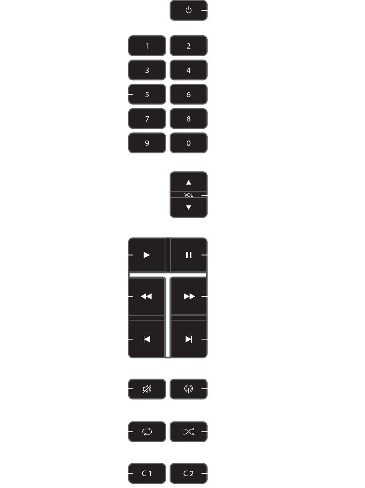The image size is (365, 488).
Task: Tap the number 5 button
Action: [147, 95]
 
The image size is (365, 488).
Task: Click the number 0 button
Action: [189, 143]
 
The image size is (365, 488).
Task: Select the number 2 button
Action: [189, 46]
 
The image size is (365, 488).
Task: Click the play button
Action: [147, 255]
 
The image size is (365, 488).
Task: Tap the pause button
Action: [189, 255]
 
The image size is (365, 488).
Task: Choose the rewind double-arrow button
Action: [147, 296]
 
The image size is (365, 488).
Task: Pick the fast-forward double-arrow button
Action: [189, 296]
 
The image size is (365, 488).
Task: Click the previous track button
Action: [147, 339]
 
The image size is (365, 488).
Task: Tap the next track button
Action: [189, 339]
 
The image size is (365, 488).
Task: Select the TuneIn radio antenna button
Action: [189, 389]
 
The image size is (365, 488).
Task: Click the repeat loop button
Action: [147, 431]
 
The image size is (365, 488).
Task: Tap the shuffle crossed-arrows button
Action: [189, 431]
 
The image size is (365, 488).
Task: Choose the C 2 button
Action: [189, 474]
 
